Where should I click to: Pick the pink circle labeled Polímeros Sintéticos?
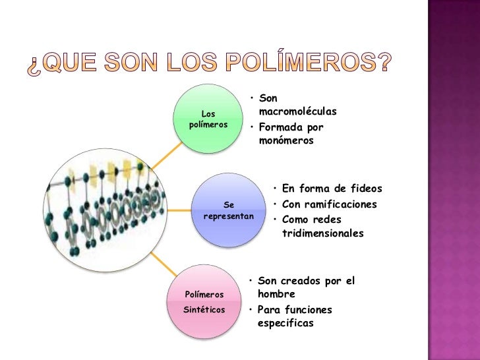204,301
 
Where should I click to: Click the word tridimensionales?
322,233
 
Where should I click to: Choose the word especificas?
286,323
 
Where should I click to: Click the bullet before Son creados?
252,281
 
